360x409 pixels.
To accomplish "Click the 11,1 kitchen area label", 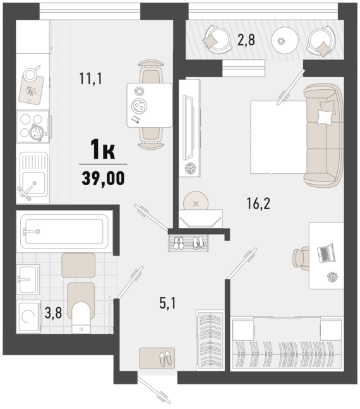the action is [91, 78].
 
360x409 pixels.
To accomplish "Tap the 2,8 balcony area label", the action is [246, 40].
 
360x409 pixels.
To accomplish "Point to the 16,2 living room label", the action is [258, 204].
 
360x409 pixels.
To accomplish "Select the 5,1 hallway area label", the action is [167, 303].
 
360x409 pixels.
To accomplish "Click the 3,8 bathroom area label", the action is [53, 313].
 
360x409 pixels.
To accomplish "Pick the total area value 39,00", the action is [103, 178].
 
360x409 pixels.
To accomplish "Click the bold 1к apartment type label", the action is [102, 149].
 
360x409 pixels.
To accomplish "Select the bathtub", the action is [64, 231].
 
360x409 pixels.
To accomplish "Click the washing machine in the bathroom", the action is [28, 317].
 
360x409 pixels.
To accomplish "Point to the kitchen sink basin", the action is [33, 183].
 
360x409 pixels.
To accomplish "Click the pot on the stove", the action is [37, 132].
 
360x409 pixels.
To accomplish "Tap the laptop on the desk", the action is [326, 253].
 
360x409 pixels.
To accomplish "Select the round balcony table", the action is [284, 40].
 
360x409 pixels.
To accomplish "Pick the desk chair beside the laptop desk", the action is [301, 259].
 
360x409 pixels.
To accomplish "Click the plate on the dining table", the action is [139, 106].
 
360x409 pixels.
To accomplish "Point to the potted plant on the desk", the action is [332, 277].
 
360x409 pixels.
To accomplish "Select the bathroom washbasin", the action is [28, 279].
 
